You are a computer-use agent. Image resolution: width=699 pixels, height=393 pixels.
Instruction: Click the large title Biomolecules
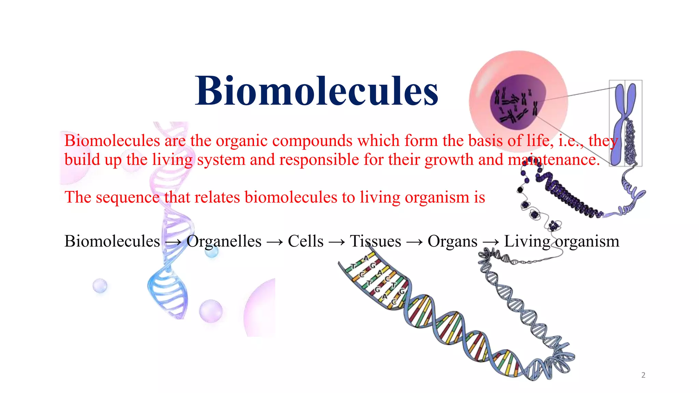[316, 91]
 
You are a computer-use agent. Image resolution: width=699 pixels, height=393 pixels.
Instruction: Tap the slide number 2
[643, 375]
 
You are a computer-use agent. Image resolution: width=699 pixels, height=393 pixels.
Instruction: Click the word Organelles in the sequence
[224, 241]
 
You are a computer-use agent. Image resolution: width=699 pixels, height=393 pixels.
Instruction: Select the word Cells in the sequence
[305, 241]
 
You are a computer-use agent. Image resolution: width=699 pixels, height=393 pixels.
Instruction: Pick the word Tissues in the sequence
[375, 241]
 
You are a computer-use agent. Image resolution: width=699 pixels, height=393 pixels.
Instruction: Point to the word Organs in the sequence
[452, 241]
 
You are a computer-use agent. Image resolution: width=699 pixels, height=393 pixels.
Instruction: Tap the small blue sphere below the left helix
[100, 286]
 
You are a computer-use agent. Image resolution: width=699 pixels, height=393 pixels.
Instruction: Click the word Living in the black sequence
[527, 241]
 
